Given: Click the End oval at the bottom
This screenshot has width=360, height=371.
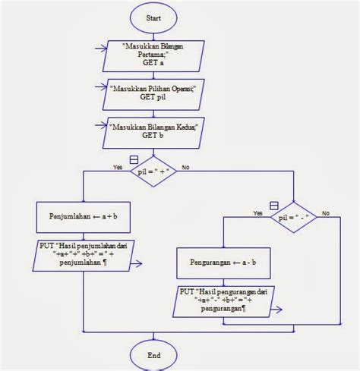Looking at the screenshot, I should tap(155, 354).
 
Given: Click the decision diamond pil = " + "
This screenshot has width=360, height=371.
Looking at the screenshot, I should tap(155, 172).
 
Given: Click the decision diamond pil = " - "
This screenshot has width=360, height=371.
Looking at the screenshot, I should tap(293, 216).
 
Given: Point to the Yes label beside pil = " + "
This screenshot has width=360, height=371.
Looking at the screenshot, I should tap(118, 167).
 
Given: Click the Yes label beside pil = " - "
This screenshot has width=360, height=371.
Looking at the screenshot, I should tap(258, 212).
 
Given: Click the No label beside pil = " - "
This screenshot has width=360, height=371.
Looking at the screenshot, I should tap(325, 212).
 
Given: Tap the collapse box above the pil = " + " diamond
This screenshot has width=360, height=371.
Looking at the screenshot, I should tap(134, 159).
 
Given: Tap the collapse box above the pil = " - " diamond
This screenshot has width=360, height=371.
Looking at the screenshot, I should tap(273, 204).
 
